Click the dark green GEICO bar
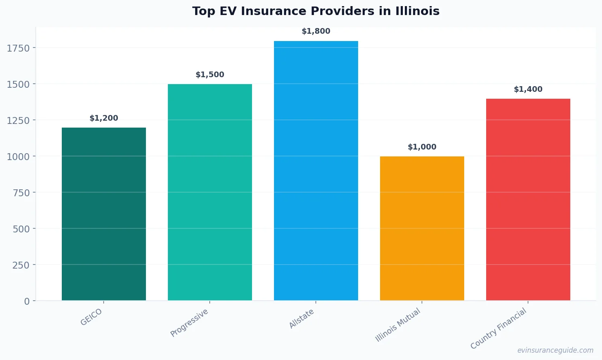[104, 214]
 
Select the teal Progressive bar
[210, 192]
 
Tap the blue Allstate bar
[316, 171]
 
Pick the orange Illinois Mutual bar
[422, 228]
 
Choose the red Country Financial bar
[528, 200]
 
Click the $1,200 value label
[104, 118]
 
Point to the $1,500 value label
[210, 75]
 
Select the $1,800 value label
[316, 31]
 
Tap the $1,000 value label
[422, 147]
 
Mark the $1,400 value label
[528, 89]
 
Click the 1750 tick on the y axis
[18, 48]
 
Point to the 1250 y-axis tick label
[18, 121]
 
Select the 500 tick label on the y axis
[21, 229]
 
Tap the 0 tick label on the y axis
[27, 301]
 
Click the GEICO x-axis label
[91, 317]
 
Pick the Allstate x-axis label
[301, 319]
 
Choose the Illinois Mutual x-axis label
[398, 325]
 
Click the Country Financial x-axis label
[498, 328]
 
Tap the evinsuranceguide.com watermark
[555, 350]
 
